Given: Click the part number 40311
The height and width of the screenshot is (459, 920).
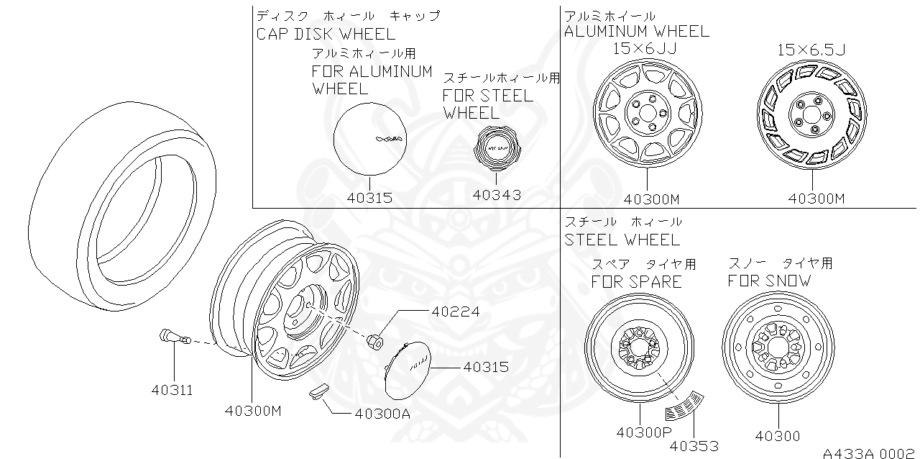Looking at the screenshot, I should (x=172, y=390).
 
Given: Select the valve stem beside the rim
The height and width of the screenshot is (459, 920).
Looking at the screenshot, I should (x=172, y=336).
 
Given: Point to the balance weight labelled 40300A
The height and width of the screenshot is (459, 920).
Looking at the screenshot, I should (x=316, y=391).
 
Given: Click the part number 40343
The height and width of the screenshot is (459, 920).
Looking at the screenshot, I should (x=497, y=194).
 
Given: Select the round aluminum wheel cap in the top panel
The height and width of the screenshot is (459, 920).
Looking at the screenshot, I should (x=369, y=137).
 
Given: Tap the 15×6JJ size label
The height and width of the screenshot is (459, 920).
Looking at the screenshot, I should (x=645, y=48).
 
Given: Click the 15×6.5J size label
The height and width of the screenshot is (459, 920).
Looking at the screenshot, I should (x=811, y=49).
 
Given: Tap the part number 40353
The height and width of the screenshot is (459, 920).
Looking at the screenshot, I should (x=694, y=446).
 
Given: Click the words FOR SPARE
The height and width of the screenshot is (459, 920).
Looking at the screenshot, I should (x=636, y=282).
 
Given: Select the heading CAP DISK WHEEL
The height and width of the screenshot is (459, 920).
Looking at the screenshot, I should (x=326, y=34).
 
